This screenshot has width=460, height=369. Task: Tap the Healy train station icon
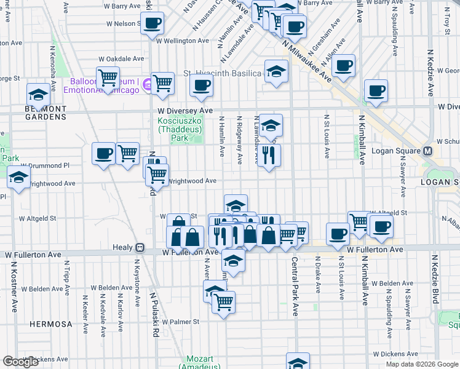(140, 247)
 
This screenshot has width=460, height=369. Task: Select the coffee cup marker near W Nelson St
(153, 23)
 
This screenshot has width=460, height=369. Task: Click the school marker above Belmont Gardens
(38, 94)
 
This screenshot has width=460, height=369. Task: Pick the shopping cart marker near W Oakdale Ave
(108, 77)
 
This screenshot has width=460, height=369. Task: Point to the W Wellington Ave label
(184, 41)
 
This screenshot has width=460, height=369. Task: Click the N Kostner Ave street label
(13, 288)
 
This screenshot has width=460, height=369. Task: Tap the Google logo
(20, 362)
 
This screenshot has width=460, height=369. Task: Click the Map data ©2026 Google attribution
(421, 364)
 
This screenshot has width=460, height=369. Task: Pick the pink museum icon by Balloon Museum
(148, 84)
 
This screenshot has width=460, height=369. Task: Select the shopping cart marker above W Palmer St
(223, 301)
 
